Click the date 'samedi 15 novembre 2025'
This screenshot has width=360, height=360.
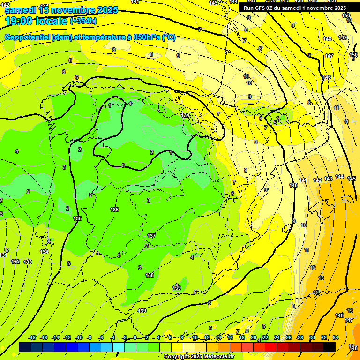click(x=61, y=10)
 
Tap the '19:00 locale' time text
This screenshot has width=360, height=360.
click(x=37, y=21)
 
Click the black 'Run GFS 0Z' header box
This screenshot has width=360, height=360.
click(x=295, y=8)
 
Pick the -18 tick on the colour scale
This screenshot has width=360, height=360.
click(x=32, y=337)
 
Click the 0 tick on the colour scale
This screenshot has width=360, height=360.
click(x=135, y=337)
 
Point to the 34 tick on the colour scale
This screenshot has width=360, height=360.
click(x=336, y=337)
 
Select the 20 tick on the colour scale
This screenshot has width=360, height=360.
click(x=254, y=337)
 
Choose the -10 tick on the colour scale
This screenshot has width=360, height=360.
click(x=79, y=337)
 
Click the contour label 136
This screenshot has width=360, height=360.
click(x=114, y=210)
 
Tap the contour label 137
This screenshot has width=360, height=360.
click(x=151, y=236)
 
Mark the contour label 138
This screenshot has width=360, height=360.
click(x=150, y=275)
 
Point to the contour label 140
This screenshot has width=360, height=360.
click(x=293, y=186)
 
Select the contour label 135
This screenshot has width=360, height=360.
click(x=78, y=219)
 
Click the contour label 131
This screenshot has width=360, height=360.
click(x=4, y=255)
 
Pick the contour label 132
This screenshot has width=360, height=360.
click(x=15, y=262)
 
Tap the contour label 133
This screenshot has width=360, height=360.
click(x=28, y=262)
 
